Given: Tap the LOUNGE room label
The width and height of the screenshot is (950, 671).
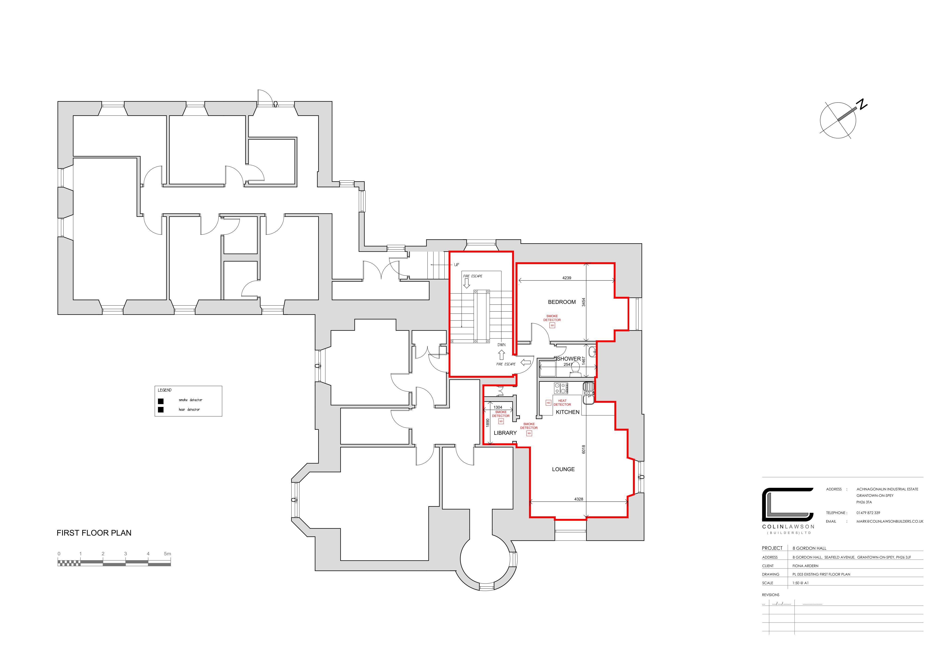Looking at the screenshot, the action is [563, 469].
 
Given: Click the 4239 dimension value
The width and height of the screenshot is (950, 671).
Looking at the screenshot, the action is [566, 278].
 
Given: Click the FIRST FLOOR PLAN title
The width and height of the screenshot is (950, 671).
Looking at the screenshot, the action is [94, 533].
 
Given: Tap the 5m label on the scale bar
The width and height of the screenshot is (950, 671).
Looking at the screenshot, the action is [167, 553].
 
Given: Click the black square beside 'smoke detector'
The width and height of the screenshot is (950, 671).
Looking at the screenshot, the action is [160, 401].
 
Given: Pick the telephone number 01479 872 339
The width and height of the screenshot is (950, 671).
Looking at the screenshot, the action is [868, 513].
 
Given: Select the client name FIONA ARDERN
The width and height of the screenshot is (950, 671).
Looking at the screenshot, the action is [805, 566].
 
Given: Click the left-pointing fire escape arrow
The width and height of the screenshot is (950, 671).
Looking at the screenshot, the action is [526, 363].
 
